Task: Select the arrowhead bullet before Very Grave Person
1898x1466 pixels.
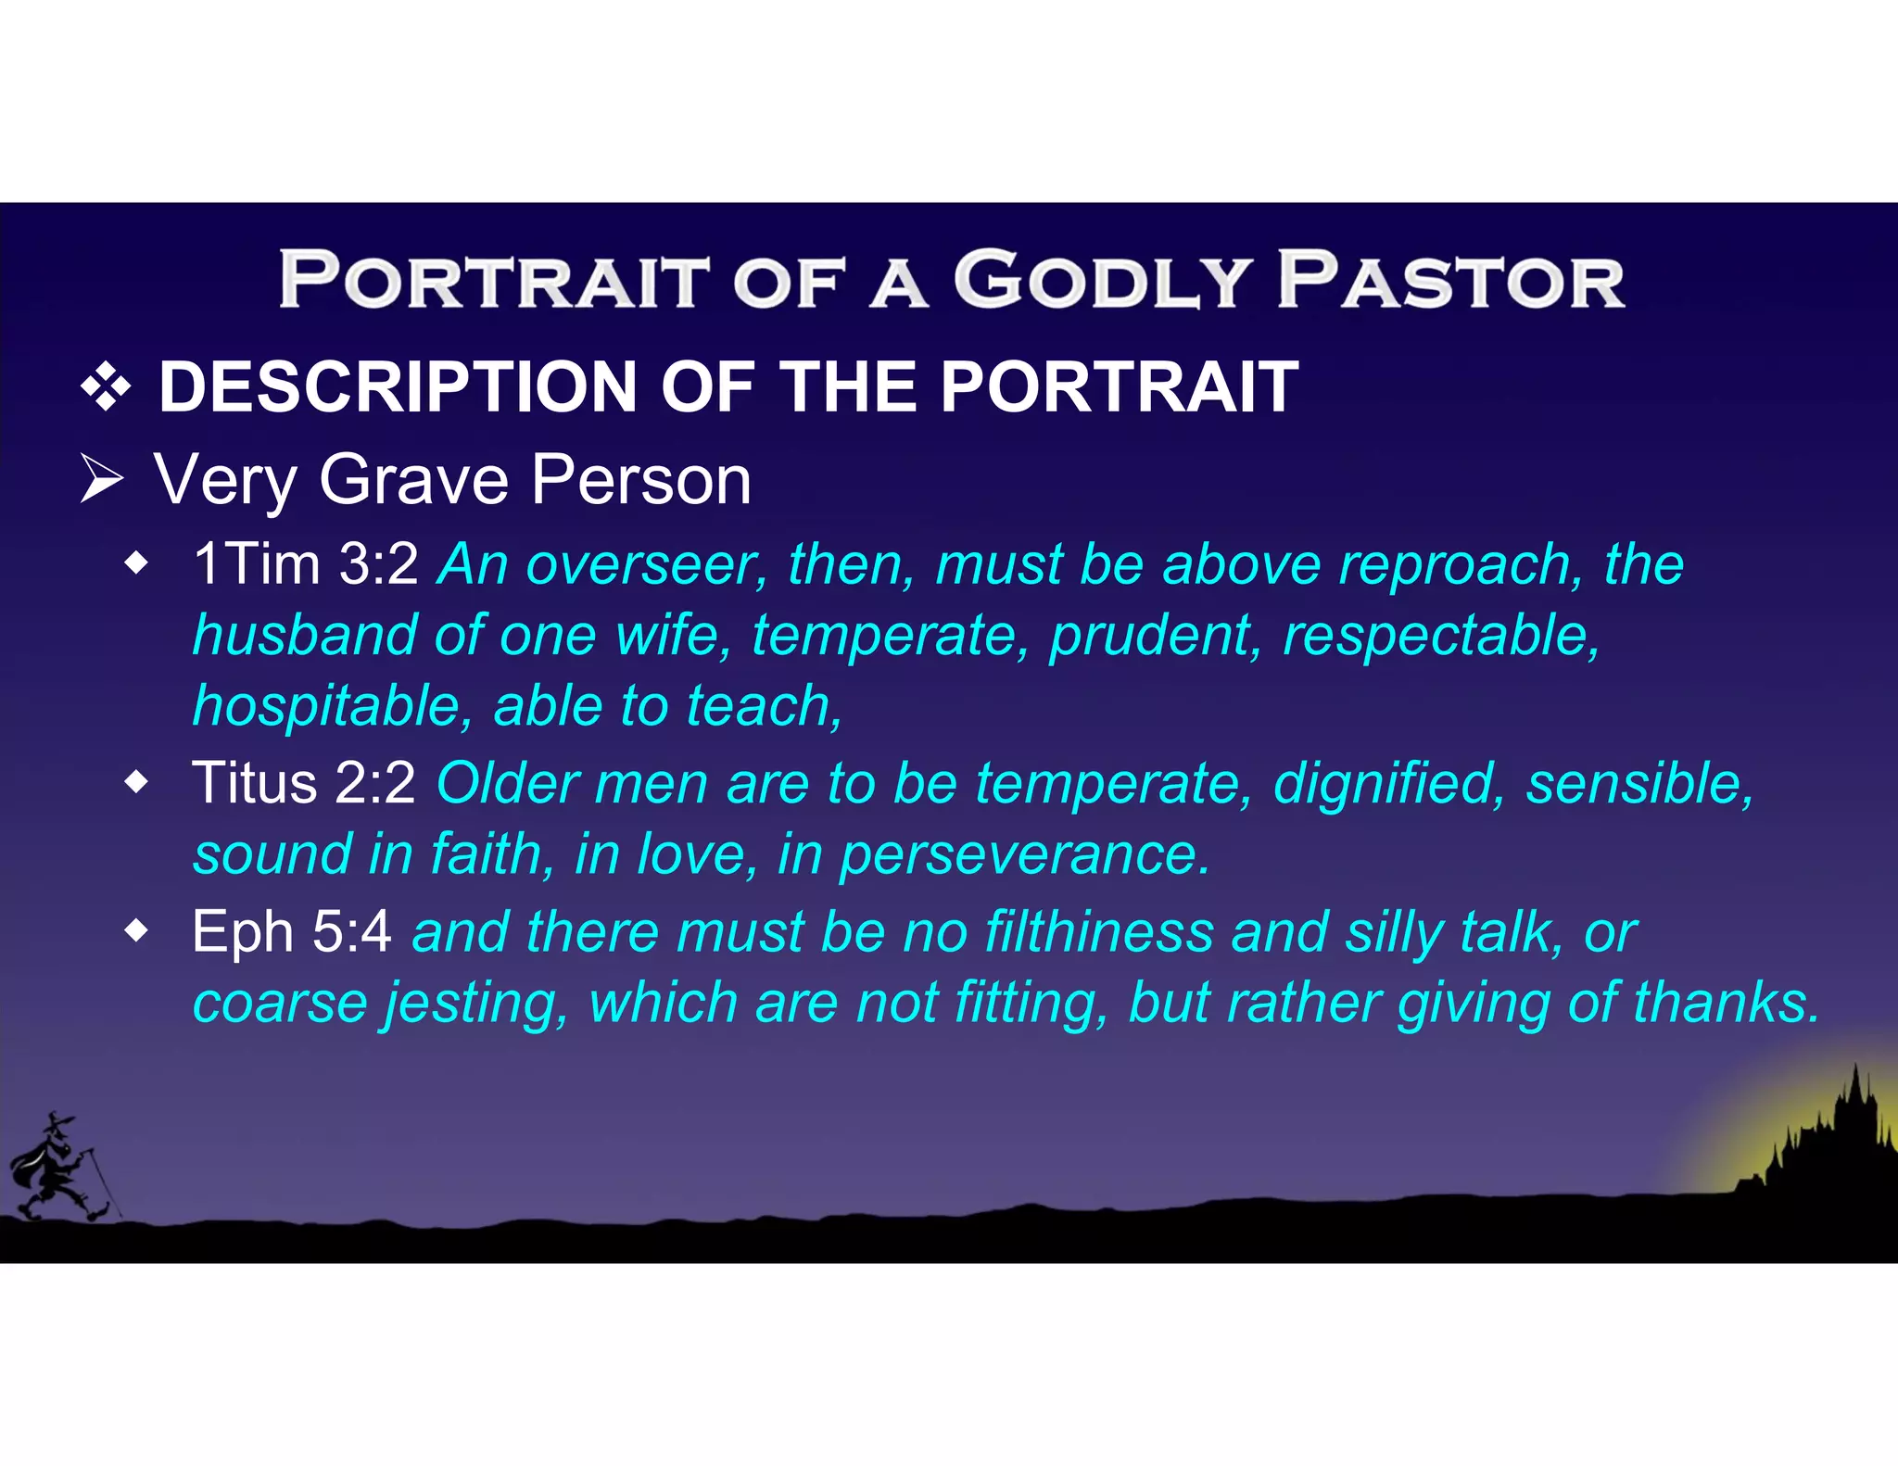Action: [x=102, y=479]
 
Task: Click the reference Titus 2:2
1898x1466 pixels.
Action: [x=303, y=783]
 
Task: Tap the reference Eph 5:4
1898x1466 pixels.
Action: [x=291, y=931]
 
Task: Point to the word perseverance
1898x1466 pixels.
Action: [x=1024, y=854]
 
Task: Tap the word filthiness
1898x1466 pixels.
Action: [x=1098, y=931]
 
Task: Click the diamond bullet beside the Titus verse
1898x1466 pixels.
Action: [x=136, y=784]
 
